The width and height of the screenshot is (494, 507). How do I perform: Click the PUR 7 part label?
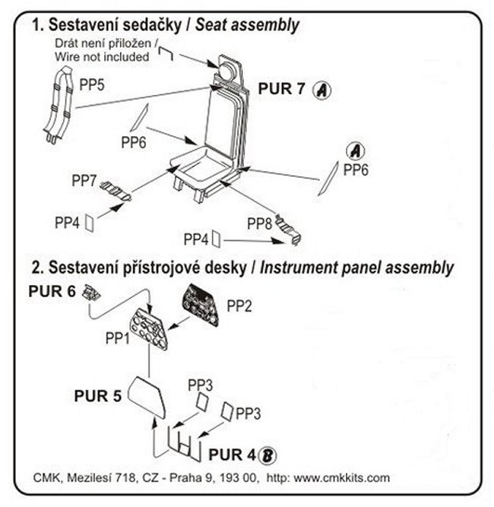(282, 89)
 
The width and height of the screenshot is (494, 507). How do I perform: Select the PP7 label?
(84, 181)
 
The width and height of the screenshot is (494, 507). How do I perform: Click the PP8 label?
(260, 223)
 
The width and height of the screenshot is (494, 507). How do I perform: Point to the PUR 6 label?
(52, 291)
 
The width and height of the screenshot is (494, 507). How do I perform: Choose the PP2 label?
(239, 306)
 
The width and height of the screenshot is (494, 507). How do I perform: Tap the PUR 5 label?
(97, 395)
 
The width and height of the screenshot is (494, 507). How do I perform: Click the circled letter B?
(268, 455)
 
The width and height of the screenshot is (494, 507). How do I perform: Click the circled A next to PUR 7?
(322, 90)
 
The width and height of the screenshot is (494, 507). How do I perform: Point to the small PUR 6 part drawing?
(92, 290)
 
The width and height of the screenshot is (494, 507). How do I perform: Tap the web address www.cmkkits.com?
(342, 478)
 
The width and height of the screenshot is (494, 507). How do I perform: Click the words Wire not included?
(101, 57)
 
